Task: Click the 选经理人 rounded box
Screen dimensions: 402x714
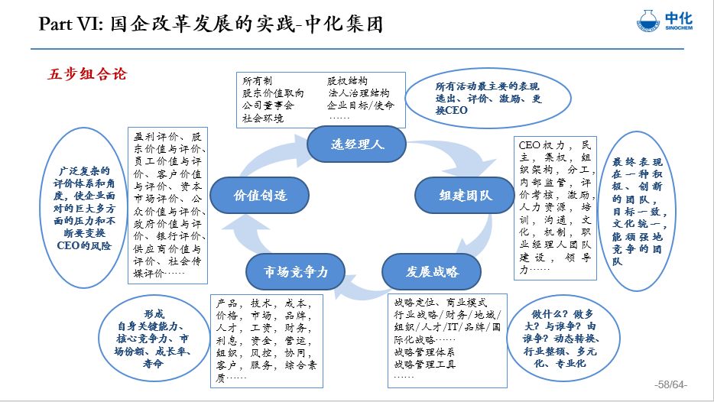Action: point(356,144)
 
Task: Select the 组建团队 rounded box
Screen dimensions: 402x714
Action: point(465,195)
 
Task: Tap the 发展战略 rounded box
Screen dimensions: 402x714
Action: point(432,271)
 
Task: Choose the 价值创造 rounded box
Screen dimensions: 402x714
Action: point(260,195)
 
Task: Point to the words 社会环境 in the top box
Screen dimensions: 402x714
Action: point(262,118)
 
